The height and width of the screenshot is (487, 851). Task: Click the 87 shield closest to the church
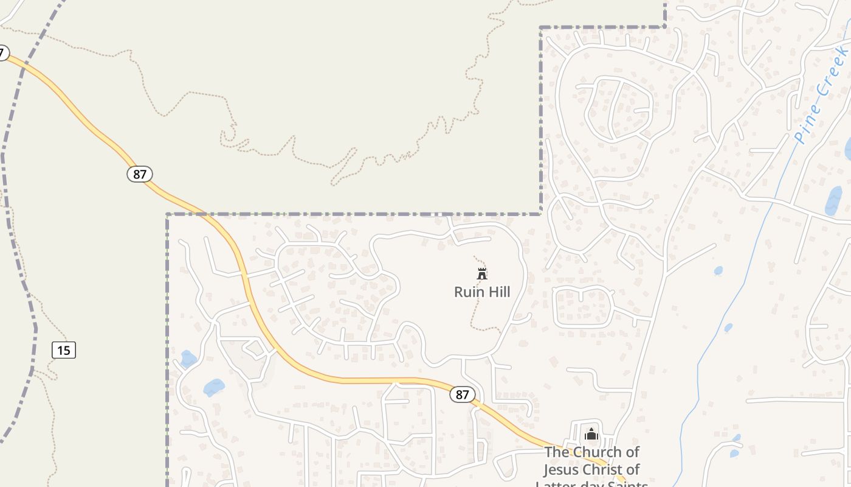tap(463, 394)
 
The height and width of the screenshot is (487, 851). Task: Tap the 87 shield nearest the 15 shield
tap(140, 174)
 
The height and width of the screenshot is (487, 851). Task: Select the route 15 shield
tap(64, 350)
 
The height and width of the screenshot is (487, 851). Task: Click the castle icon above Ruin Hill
tap(482, 274)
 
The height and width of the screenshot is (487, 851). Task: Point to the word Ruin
tap(469, 292)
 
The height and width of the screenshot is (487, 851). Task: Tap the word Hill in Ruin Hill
tap(498, 292)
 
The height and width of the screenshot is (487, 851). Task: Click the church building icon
tap(591, 434)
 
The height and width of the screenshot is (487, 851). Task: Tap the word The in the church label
tap(557, 452)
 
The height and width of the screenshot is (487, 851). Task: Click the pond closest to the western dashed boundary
tap(188, 359)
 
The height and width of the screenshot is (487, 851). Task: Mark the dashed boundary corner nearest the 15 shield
tap(168, 214)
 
